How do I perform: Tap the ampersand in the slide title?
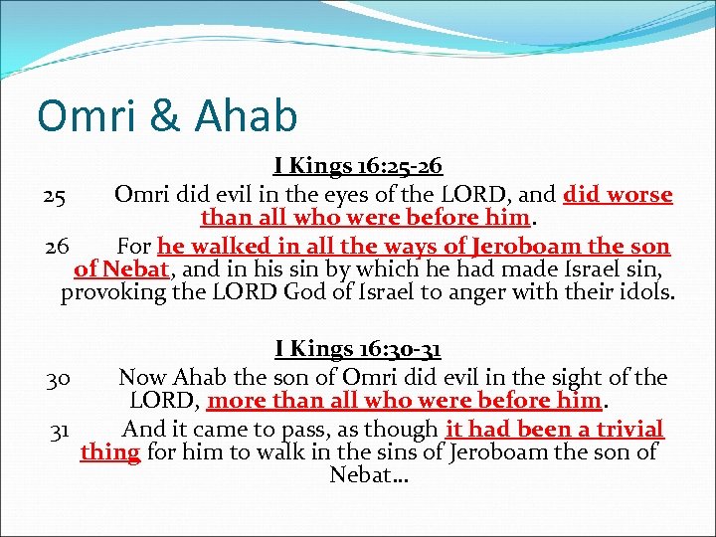164,116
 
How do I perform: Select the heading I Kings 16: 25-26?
358,167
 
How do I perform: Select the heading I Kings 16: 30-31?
358,349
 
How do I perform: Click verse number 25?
55,195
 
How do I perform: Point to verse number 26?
55,246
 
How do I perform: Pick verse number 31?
59,430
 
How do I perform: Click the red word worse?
639,195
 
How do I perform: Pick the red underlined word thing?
109,453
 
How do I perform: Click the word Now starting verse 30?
142,378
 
